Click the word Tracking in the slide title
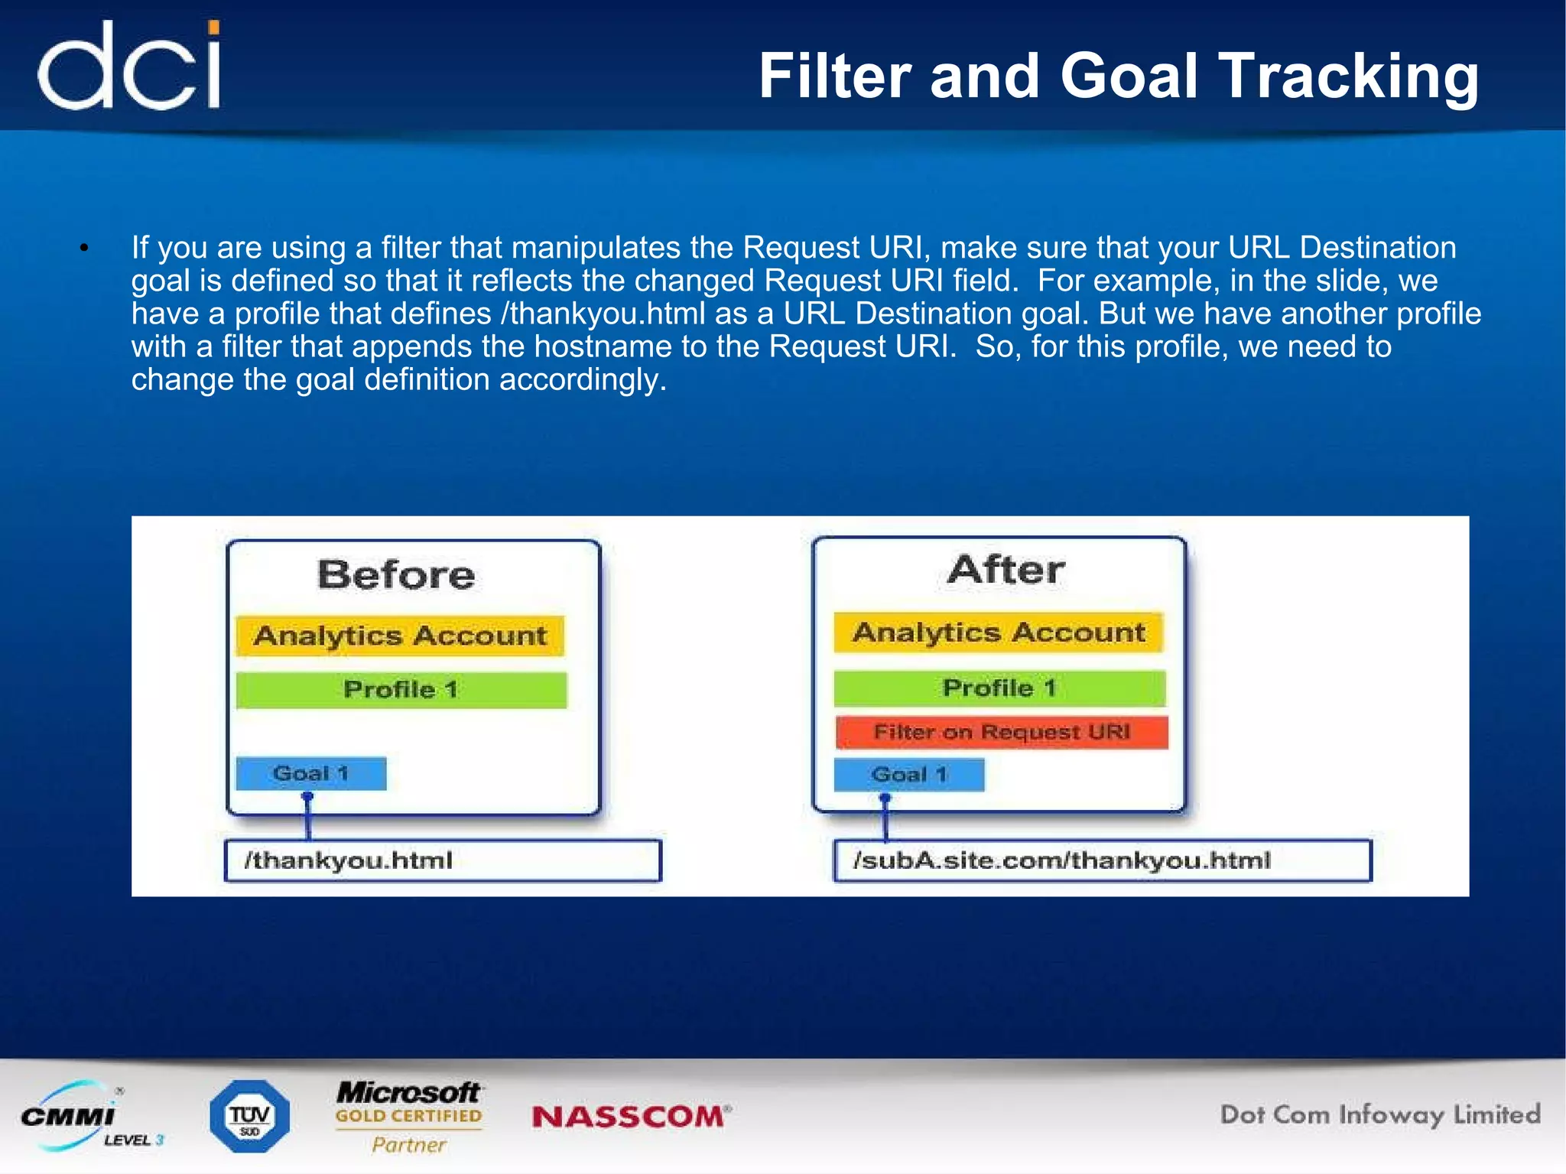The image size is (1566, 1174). [x=1348, y=77]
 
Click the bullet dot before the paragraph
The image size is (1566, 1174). [x=85, y=248]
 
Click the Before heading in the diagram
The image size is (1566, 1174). [x=396, y=574]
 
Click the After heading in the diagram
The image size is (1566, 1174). [x=1006, y=570]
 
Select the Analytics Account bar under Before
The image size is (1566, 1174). [x=400, y=636]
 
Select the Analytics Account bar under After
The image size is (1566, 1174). [x=999, y=633]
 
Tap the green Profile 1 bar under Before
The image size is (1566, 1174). [x=401, y=690]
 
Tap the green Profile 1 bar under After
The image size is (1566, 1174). [x=999, y=688]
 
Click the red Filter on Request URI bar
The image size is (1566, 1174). [x=1001, y=733]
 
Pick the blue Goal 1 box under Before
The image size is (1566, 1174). [x=310, y=774]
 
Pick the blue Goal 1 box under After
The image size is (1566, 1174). [x=908, y=775]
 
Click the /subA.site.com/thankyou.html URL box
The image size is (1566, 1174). [x=1101, y=861]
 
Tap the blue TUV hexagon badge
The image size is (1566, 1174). [x=249, y=1117]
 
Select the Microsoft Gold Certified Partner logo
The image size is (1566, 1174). [x=409, y=1117]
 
